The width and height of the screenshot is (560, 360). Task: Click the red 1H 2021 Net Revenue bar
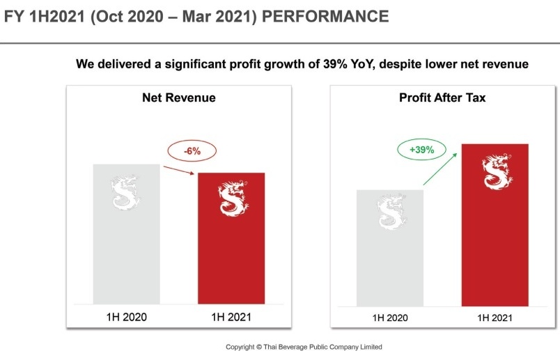(231, 251)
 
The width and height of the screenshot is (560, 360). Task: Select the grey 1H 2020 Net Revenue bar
(126, 251)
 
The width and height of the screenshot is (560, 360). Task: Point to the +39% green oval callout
(420, 150)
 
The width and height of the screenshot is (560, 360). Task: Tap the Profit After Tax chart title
(442, 98)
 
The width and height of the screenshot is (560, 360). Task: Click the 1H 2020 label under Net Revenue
(126, 317)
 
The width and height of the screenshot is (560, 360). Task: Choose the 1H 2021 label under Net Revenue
(231, 317)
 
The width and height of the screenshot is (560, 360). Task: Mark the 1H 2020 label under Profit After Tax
(389, 318)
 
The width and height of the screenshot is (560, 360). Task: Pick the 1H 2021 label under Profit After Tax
(495, 318)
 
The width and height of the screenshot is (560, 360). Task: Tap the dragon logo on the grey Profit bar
(390, 213)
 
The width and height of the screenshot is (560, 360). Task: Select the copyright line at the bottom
(304, 347)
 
